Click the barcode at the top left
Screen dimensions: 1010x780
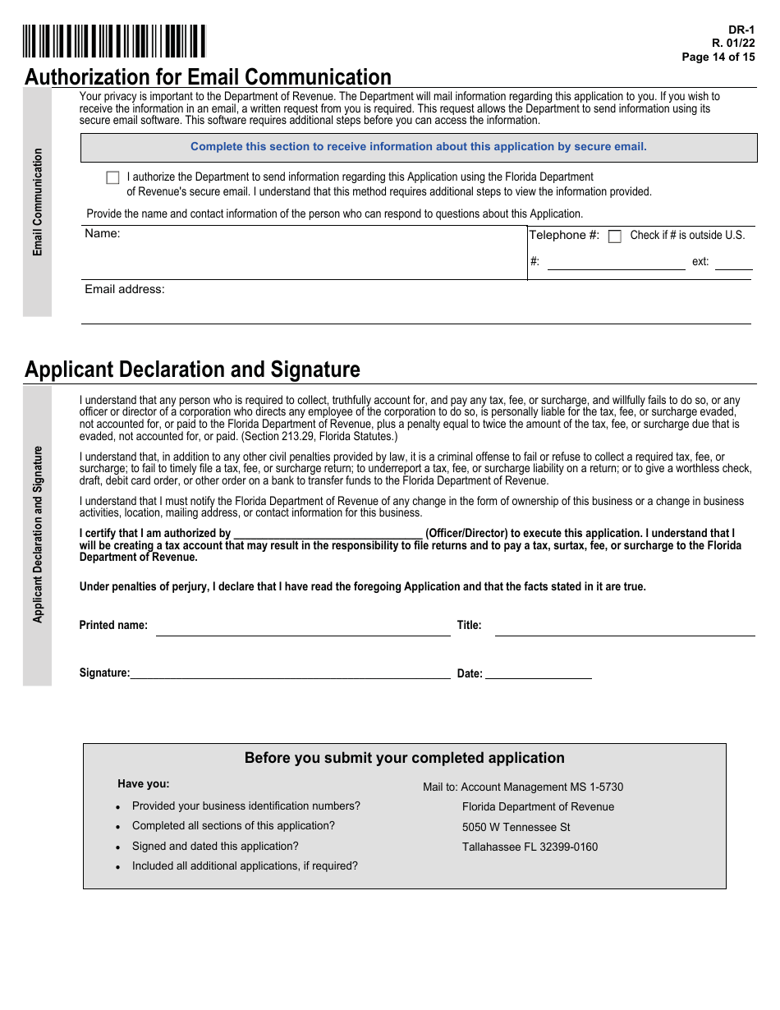tap(114, 41)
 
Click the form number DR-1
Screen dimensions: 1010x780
tap(743, 30)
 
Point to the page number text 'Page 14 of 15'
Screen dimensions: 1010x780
tap(718, 57)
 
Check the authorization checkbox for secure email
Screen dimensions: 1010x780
tap(112, 177)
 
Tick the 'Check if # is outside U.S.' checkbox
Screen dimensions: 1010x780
tap(614, 236)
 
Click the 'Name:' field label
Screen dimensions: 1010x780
tap(103, 233)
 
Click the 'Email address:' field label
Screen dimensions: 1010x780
tap(125, 289)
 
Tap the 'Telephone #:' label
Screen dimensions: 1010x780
tap(564, 235)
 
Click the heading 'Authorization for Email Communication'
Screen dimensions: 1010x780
tap(208, 77)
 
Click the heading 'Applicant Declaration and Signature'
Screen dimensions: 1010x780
tap(192, 370)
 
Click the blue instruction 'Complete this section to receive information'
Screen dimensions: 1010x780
tap(419, 147)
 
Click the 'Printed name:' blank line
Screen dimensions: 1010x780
tap(303, 630)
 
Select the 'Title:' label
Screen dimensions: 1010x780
tap(470, 625)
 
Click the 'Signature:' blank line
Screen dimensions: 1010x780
tap(291, 674)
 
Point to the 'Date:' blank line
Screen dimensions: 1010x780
tap(538, 674)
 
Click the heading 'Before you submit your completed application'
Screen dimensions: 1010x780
tap(405, 758)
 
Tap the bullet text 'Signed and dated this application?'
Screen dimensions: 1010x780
tap(215, 846)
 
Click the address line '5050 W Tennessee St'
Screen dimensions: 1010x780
tap(516, 827)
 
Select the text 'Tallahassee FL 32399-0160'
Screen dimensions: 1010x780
tap(530, 847)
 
